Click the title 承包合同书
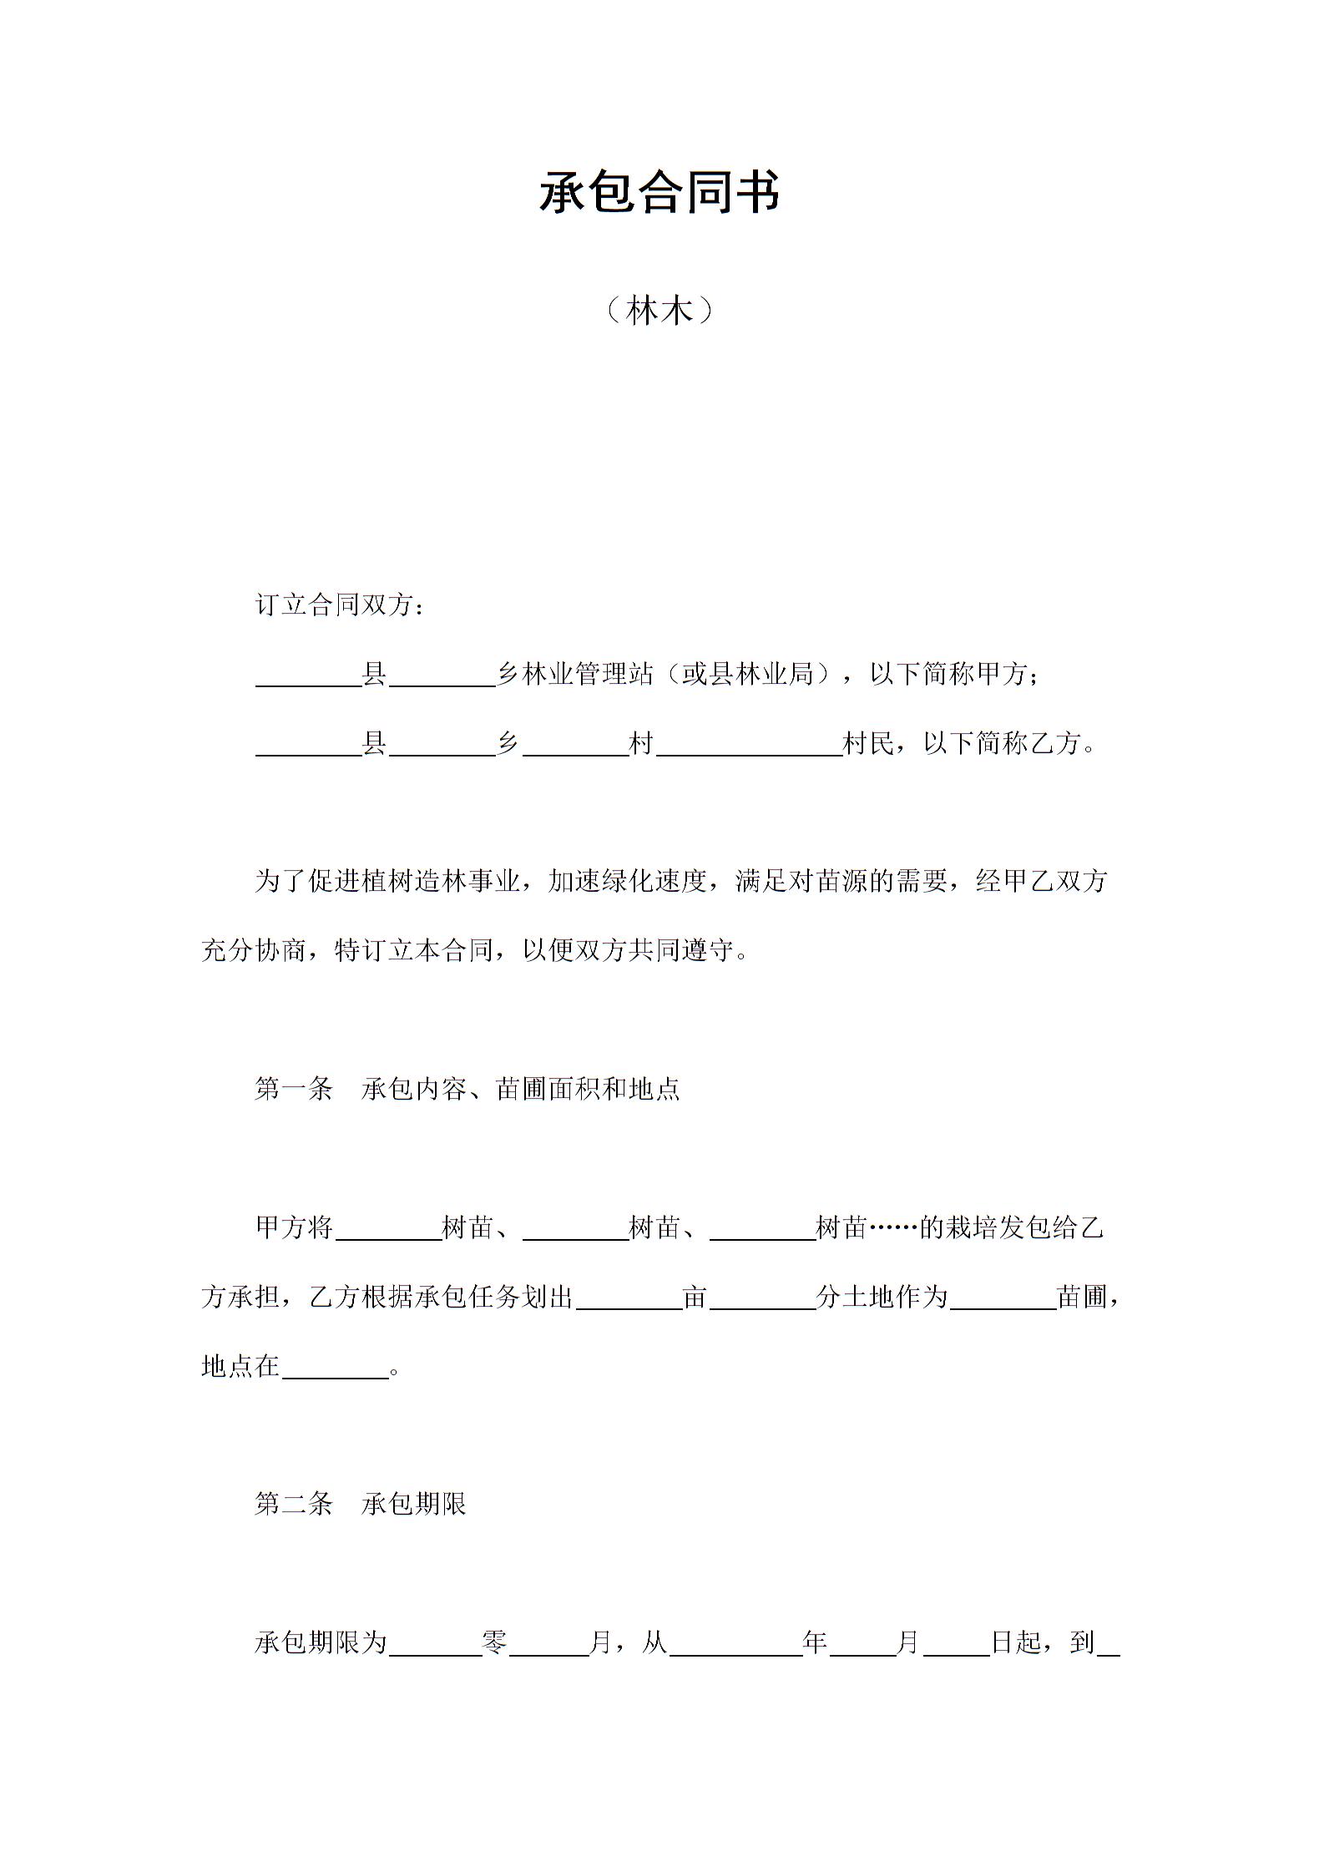point(659,193)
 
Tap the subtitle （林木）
point(659,311)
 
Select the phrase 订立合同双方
point(334,605)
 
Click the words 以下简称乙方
point(1001,742)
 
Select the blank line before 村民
point(750,746)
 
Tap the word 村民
point(868,742)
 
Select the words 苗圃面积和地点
point(588,1089)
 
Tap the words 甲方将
point(294,1227)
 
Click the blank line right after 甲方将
point(388,1231)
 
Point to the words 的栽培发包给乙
point(1012,1227)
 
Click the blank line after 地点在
point(335,1369)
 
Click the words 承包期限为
point(321,1642)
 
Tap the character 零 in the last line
point(495,1642)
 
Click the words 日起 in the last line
point(1016,1642)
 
